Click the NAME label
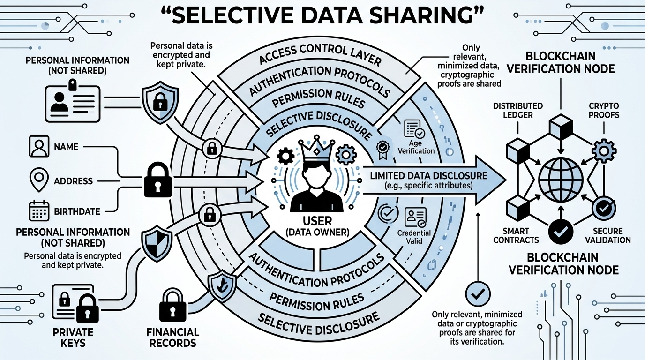[66, 147]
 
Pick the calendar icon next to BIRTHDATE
[38, 211]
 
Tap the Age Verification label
[416, 147]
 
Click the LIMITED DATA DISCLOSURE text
[428, 176]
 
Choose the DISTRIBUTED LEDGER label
[517, 110]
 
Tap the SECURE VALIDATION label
[608, 235]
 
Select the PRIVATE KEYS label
[74, 337]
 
